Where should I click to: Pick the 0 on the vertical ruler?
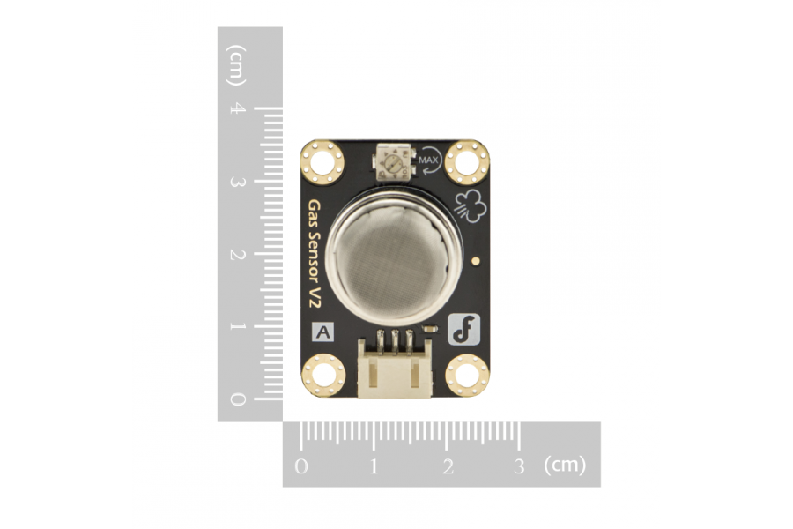point(238,399)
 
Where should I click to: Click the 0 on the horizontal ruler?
point(301,466)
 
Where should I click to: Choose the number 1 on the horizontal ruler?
point(374,466)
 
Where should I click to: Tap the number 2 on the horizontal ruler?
point(448,466)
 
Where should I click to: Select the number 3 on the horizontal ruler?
point(519,466)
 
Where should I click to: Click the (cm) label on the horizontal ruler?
point(565,465)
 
